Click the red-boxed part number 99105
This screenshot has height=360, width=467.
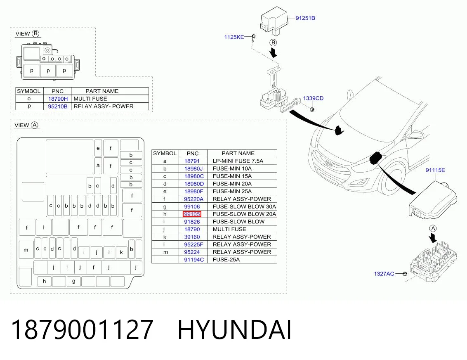[192, 214]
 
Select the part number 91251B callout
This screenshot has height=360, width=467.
[305, 18]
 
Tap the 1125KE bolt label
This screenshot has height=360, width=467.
[234, 37]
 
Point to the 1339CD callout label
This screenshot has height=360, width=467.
[313, 98]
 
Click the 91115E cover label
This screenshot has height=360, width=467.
[435, 170]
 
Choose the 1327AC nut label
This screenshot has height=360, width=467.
[384, 274]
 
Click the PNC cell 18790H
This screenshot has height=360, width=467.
[58, 99]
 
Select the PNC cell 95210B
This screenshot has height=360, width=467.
[58, 107]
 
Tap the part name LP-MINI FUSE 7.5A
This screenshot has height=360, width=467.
[238, 161]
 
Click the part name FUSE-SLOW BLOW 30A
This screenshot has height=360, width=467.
[244, 206]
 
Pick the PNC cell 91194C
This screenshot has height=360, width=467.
[194, 260]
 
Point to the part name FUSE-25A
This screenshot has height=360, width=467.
[226, 260]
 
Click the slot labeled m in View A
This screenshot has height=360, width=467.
[26, 250]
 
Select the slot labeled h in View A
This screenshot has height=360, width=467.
[45, 281]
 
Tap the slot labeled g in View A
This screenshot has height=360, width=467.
[73, 281]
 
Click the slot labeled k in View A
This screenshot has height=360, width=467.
[122, 252]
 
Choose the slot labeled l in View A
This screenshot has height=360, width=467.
[43, 227]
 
